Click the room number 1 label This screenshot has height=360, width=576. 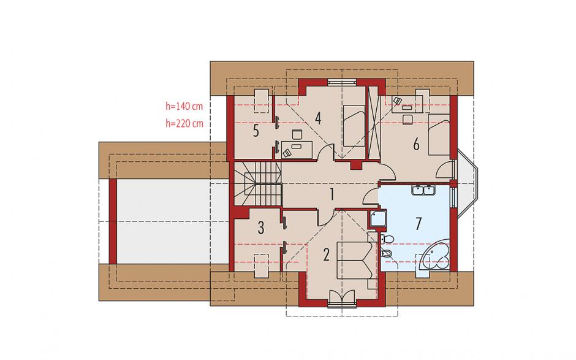click(x=332, y=194)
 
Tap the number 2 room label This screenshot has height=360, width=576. click(x=326, y=255)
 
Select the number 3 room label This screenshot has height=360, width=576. click(x=261, y=228)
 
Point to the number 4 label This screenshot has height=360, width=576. click(x=318, y=118)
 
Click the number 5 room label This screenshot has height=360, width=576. click(x=256, y=131)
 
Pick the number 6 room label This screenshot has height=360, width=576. click(x=416, y=145)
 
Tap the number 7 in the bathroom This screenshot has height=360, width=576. click(x=418, y=223)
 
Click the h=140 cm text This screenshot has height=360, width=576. click(x=184, y=107)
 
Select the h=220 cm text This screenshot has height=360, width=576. click(x=184, y=123)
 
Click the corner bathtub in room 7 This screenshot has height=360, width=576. click(x=436, y=257)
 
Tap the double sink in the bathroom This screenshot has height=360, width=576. click(x=423, y=191)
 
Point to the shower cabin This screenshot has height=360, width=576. click(x=377, y=219)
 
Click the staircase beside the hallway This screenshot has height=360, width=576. click(x=258, y=184)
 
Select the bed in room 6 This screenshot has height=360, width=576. click(x=439, y=134)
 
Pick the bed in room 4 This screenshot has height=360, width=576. click(x=354, y=126)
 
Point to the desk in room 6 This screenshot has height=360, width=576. click(x=407, y=104)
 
